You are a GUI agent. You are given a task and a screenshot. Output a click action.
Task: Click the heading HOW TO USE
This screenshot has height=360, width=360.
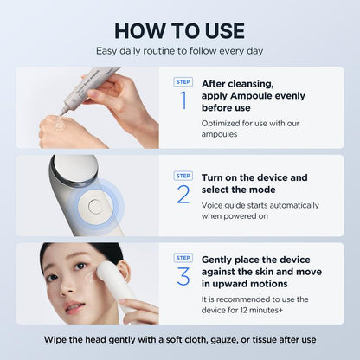pos(180,31)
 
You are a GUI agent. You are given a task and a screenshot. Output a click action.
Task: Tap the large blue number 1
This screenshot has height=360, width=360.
pos(183,100)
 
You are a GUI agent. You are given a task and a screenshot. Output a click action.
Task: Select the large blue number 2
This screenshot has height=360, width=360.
pos(183,194)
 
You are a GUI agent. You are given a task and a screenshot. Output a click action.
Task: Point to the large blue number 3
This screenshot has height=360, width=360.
pos(183,276)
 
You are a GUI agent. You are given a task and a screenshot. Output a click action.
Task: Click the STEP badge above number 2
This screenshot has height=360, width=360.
pos(183,176)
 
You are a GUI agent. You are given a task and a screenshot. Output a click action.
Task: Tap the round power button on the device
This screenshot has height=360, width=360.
pos(94,207)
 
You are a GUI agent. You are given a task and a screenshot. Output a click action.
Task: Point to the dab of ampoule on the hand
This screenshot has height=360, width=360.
pos(60,125)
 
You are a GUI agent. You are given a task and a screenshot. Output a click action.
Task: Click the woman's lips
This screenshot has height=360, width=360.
pos(74,308)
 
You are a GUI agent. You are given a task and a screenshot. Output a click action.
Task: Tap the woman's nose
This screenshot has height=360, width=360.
pos(66,287)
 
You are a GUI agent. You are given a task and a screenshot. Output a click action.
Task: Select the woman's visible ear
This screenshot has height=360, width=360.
pos(124,271)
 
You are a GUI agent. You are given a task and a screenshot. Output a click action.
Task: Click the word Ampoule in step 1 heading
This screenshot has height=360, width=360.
pos(247,96)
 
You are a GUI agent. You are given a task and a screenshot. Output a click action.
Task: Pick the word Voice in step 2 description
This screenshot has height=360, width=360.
pos(210,205)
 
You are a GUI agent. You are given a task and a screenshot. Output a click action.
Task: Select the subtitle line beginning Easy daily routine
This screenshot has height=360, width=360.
pos(180,51)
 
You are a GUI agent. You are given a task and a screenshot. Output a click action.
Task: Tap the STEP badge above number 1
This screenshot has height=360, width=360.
pos(183,82)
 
